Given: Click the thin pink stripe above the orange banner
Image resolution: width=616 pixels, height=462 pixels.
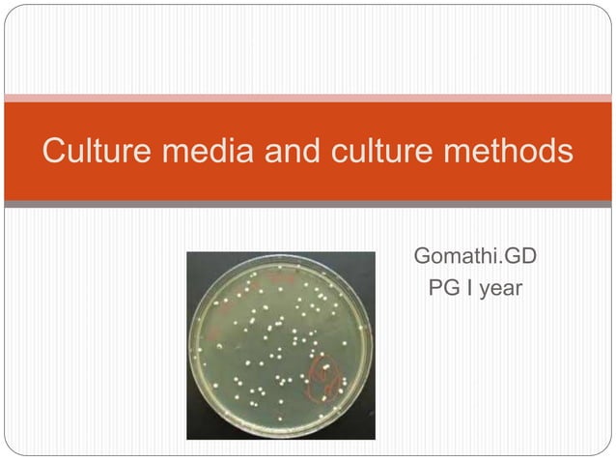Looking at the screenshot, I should [308, 98].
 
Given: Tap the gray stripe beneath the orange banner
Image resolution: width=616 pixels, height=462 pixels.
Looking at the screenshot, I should [308, 205].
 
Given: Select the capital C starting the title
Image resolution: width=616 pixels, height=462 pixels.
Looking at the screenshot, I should [54, 152].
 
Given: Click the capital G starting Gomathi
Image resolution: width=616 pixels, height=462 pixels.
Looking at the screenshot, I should [423, 258].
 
